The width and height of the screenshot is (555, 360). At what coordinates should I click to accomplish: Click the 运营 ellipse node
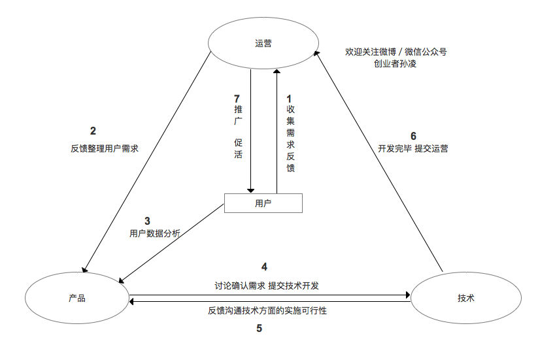point(263,44)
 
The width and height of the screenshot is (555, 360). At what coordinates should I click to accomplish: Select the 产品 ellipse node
point(77,298)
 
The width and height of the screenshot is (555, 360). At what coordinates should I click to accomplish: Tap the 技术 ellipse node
point(465,298)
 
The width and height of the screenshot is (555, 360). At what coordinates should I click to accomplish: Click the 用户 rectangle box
point(263,203)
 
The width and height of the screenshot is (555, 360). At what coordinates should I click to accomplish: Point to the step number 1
point(290,99)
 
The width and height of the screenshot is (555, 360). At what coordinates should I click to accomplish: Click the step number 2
point(93,130)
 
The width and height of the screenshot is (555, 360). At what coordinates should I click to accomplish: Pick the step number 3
point(147,221)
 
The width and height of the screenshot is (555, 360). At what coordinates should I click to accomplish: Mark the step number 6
point(413,136)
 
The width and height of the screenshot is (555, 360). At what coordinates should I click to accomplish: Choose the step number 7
point(237,99)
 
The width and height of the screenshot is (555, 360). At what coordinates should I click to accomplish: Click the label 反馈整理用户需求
point(105,148)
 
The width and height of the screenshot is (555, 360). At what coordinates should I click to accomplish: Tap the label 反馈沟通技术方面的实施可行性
point(267,311)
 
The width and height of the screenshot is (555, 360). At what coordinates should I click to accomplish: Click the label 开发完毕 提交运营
point(413,148)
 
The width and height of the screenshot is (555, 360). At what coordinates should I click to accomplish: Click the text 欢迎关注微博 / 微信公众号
point(396,51)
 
